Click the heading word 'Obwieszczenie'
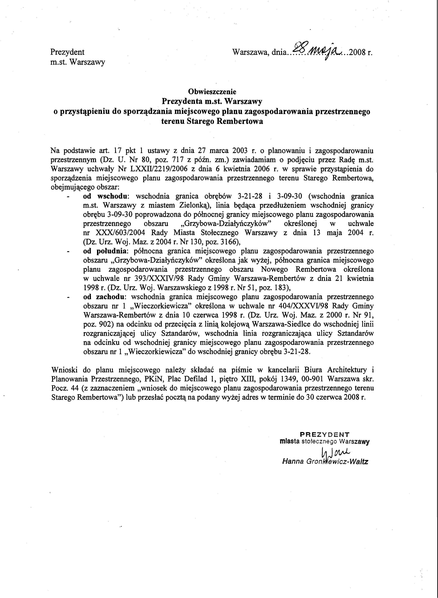tap(212, 92)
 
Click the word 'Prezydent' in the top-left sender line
tap(67, 52)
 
